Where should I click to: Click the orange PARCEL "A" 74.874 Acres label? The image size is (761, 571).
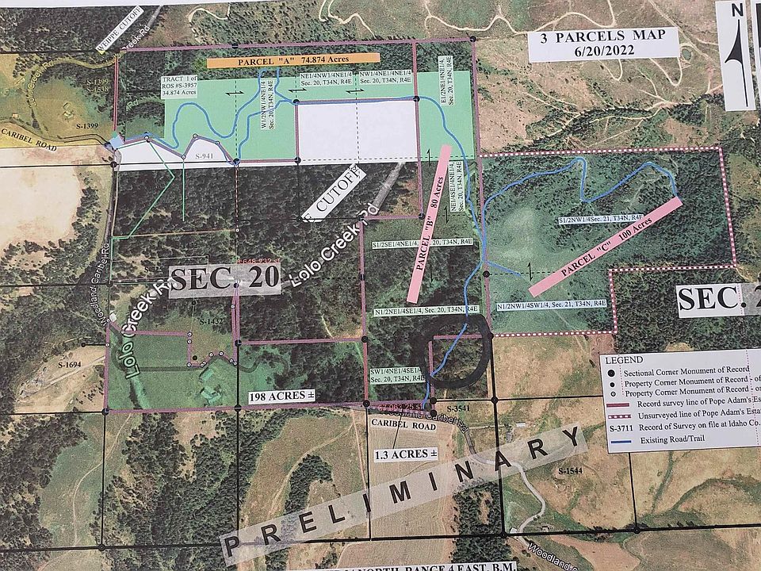(293, 59)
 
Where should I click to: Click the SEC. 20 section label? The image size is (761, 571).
(225, 279)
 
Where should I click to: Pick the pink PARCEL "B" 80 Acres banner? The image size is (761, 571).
(429, 223)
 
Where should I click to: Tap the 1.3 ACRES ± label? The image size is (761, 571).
(404, 454)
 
